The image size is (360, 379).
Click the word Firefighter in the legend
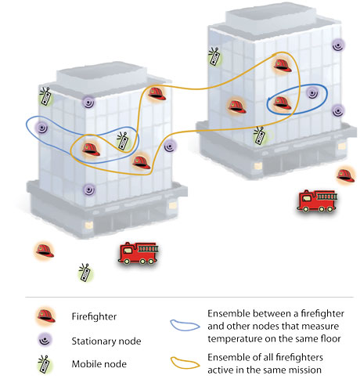click(x=94, y=316)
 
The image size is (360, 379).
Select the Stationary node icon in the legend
click(x=45, y=340)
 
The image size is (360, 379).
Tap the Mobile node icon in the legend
click(x=45, y=364)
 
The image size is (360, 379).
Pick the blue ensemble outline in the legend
click(x=185, y=325)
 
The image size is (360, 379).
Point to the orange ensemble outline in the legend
click(x=185, y=363)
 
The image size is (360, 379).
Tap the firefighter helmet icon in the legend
click(x=46, y=316)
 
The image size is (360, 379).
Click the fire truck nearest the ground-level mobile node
click(x=139, y=253)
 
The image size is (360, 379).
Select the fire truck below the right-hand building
click(x=317, y=200)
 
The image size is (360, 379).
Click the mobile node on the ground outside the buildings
click(x=85, y=273)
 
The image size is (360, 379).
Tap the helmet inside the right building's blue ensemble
click(x=283, y=103)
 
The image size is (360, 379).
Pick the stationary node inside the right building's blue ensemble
click(x=312, y=93)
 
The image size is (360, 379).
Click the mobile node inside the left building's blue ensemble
click(x=124, y=141)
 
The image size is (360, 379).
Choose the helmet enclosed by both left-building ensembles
click(x=91, y=150)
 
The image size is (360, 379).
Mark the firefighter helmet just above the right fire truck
click(x=346, y=175)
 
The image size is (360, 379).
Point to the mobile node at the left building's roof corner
click(x=46, y=96)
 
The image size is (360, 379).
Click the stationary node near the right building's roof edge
click(x=338, y=45)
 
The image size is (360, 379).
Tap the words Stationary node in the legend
click(x=106, y=341)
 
